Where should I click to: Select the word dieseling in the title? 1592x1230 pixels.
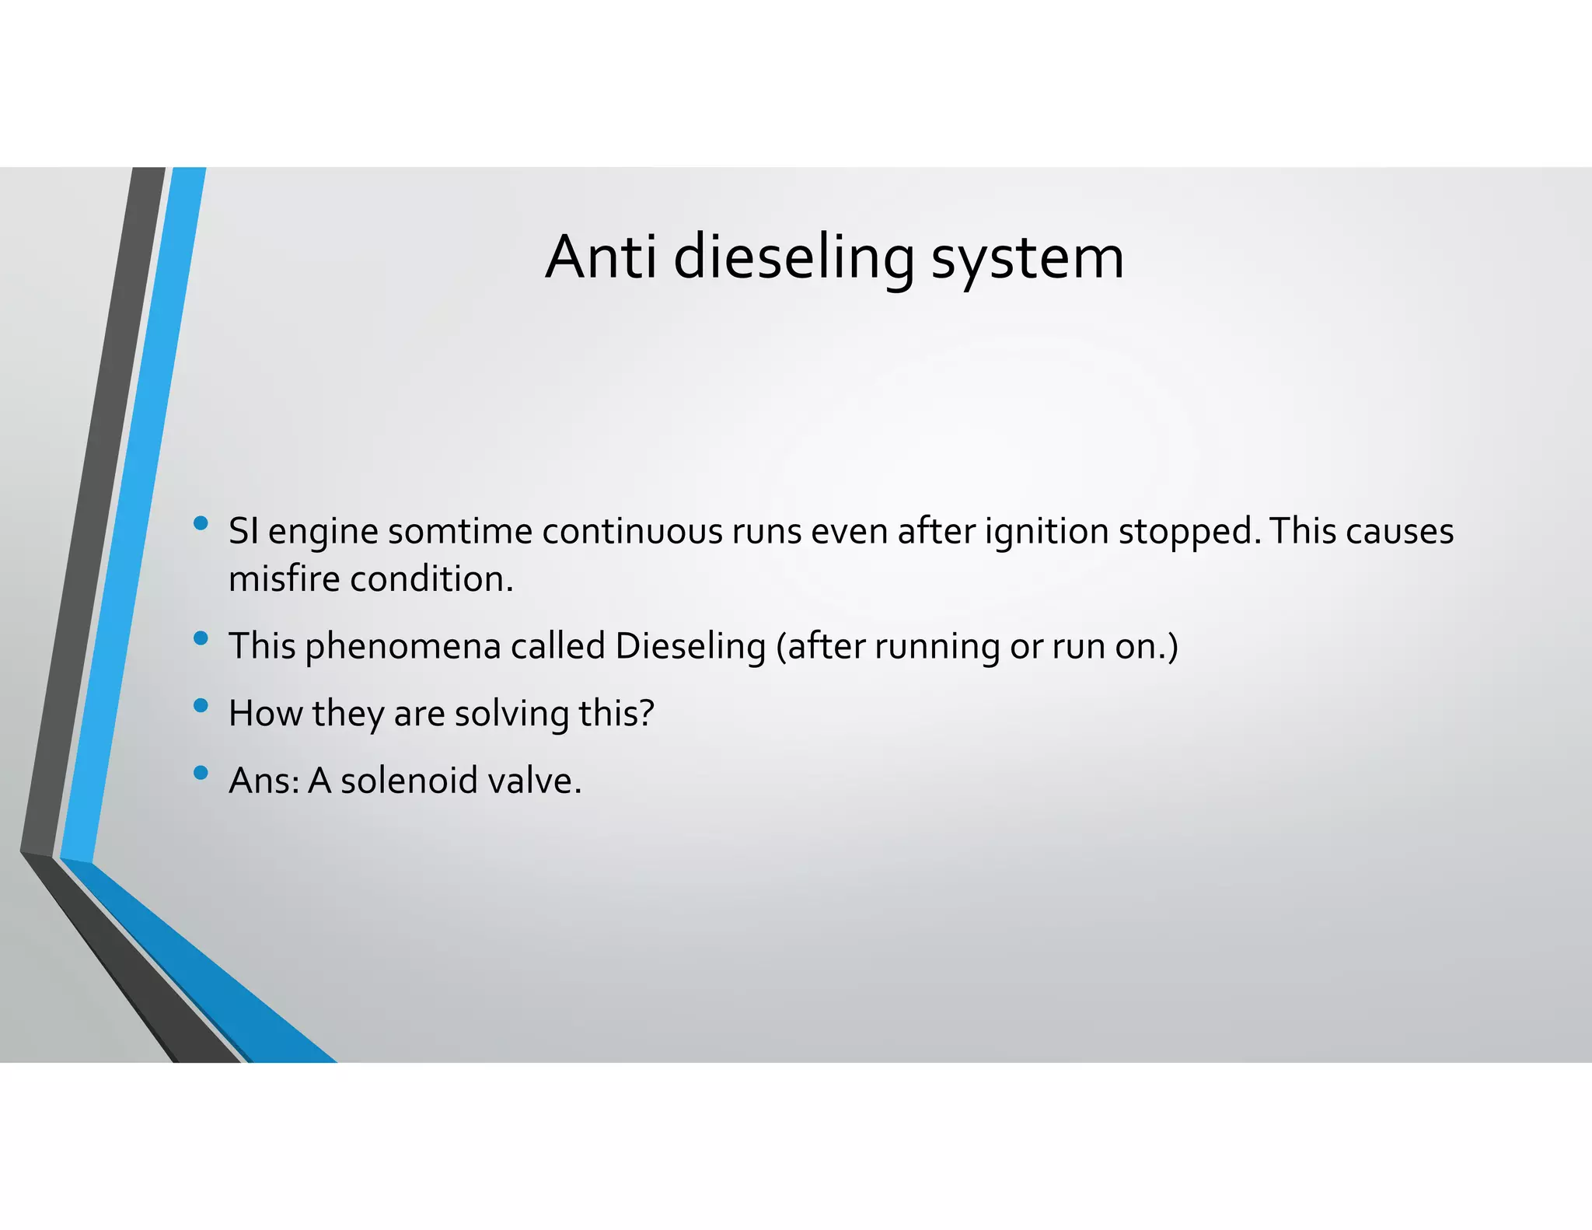pos(794,258)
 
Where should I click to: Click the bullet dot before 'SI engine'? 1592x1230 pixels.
pos(201,523)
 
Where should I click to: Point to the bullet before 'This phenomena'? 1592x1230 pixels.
pos(201,638)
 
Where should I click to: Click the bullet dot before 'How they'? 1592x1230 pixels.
pos(201,706)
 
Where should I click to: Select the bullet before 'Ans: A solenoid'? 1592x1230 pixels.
pos(201,773)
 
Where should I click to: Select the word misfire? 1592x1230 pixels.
pos(284,579)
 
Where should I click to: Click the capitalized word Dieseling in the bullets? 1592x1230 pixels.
pos(690,647)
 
